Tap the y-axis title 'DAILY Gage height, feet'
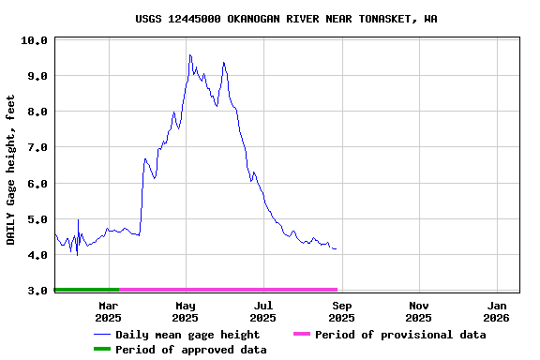(11, 170)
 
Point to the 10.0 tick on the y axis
(34, 40)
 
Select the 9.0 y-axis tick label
(34, 76)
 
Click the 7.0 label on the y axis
(34, 148)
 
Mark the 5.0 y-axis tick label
(34, 219)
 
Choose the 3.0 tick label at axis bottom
(34, 291)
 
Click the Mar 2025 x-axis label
(109, 311)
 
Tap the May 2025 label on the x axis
(186, 311)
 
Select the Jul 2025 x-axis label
(263, 311)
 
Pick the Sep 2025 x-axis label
(342, 311)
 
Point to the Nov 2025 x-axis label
(419, 311)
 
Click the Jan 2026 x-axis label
(497, 311)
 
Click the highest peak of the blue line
(189, 54)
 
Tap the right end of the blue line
(337, 248)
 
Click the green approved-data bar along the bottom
(87, 290)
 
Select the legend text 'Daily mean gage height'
(187, 335)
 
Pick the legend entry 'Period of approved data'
(191, 350)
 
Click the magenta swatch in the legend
(301, 335)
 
